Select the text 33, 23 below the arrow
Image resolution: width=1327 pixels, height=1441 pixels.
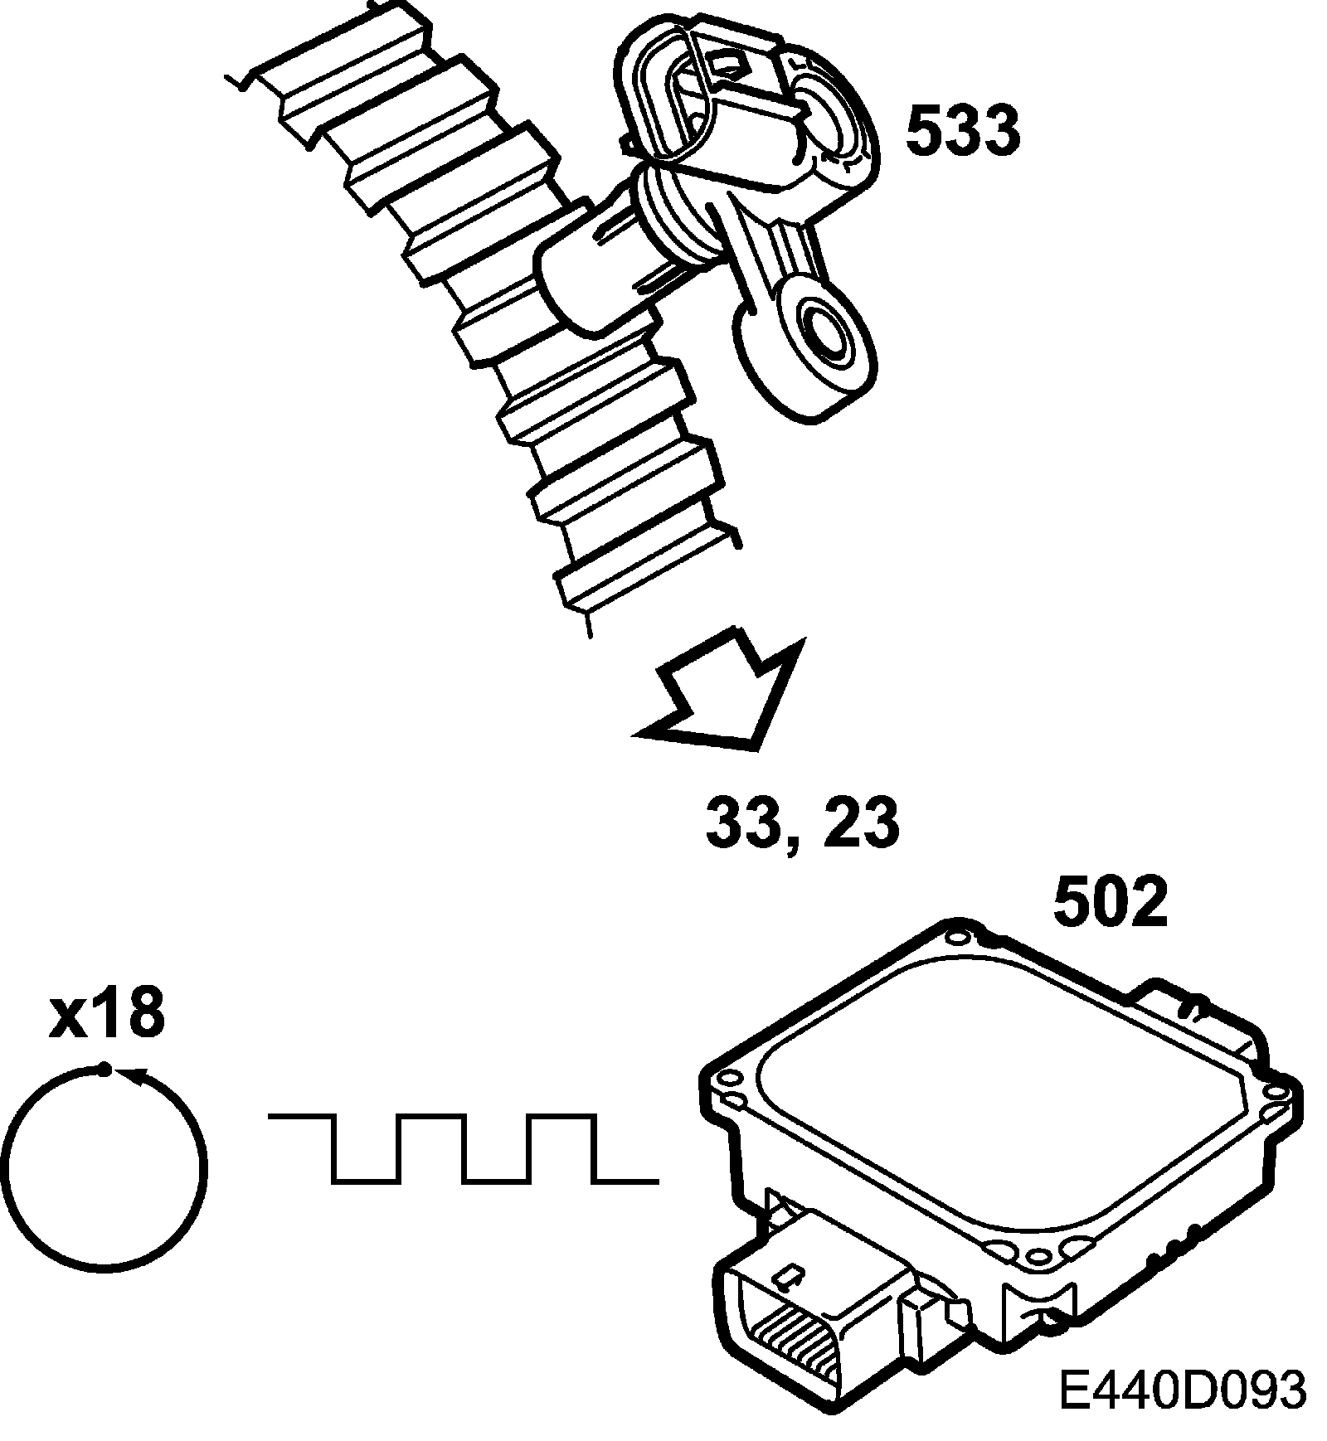point(802,822)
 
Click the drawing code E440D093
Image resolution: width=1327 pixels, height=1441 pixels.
point(1183,1390)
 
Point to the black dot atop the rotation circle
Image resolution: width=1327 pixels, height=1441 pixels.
point(104,1070)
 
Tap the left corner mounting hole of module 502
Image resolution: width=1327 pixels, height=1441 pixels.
point(730,1079)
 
